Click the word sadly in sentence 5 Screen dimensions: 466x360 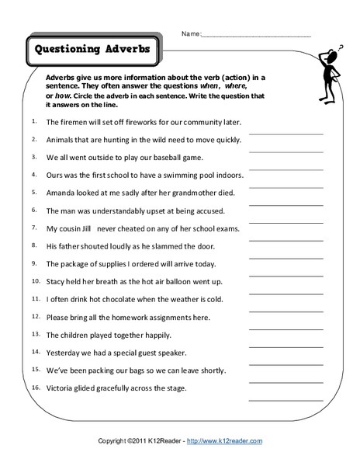pos(125,193)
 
